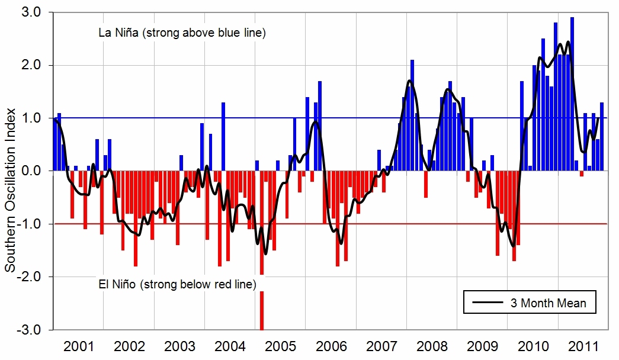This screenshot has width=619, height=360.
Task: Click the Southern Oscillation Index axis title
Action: [10, 171]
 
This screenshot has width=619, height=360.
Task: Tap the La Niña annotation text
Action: [182, 33]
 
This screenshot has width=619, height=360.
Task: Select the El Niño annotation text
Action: [177, 285]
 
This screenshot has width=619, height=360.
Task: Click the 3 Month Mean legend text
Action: [548, 303]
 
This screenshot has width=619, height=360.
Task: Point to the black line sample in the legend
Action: [488, 303]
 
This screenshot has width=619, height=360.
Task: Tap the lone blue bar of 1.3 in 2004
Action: [223, 136]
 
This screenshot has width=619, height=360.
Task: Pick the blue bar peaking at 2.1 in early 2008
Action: [412, 115]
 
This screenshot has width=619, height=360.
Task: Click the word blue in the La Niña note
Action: [225, 33]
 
